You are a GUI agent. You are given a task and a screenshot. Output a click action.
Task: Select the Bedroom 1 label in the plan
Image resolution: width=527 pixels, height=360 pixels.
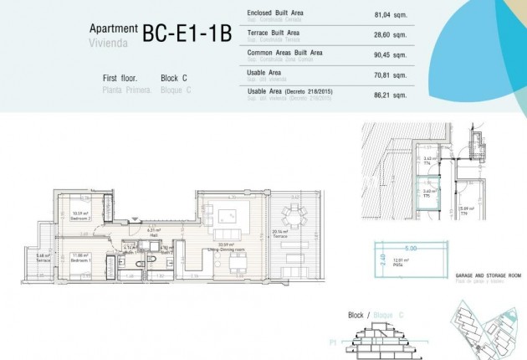pyautogui.click(x=80, y=257)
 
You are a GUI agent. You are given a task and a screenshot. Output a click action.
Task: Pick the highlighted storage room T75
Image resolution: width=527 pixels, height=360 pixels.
pyautogui.click(x=429, y=193)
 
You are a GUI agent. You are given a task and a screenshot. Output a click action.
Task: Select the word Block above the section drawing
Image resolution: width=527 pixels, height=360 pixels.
pyautogui.click(x=356, y=315)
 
